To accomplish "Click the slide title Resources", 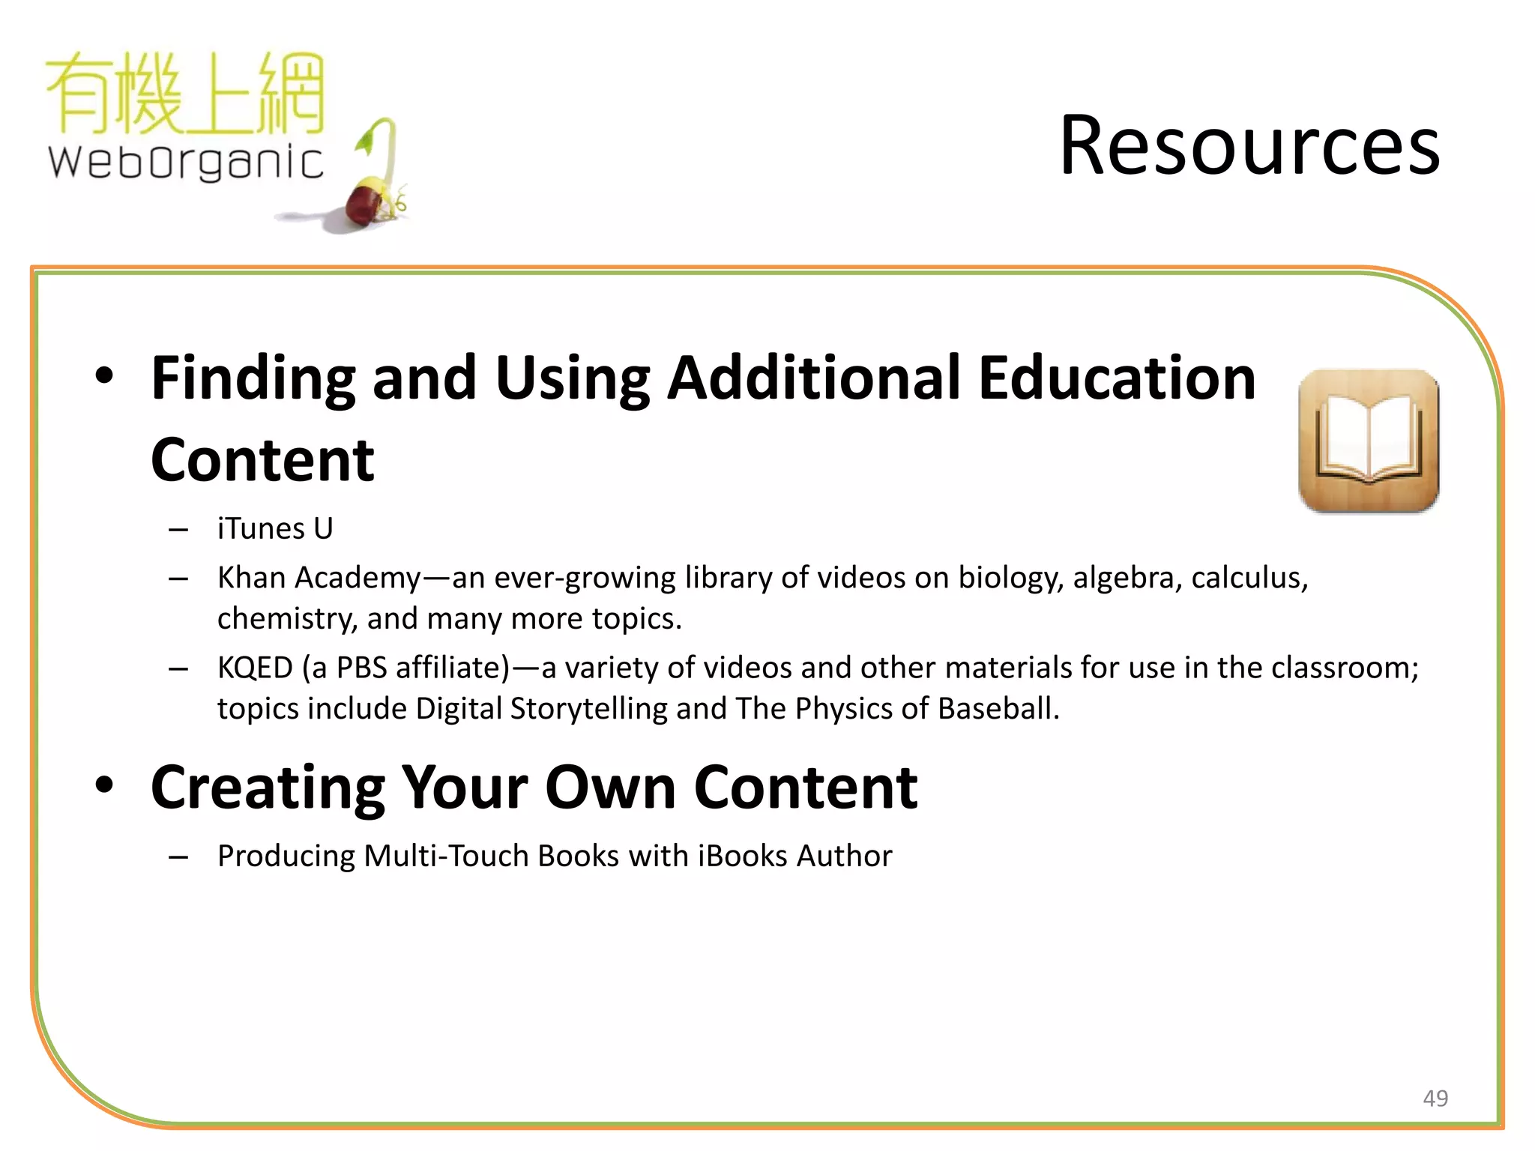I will (1249, 145).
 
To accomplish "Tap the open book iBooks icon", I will (1369, 441).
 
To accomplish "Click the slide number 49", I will (1435, 1099).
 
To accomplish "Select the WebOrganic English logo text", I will (186, 162).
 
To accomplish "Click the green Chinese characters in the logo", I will (186, 94).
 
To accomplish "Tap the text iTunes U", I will (275, 529).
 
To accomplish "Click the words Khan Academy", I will (319, 578).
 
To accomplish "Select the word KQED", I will (255, 668).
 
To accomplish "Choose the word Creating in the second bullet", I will (268, 788).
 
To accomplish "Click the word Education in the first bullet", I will (1117, 378).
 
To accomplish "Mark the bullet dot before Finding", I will (105, 375).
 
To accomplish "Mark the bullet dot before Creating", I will (105, 785).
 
